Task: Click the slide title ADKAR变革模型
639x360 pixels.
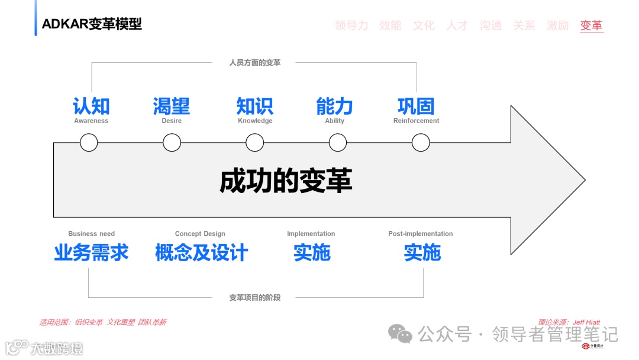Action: click(92, 24)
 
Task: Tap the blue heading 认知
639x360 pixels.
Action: click(91, 106)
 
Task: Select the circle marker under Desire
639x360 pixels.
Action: click(172, 142)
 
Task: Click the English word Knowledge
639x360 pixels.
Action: click(255, 121)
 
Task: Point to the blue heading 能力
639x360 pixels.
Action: click(334, 106)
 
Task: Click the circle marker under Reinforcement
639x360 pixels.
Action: click(421, 142)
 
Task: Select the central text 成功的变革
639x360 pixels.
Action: click(286, 181)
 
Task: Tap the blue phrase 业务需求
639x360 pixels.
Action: click(91, 253)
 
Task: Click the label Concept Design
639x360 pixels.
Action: click(200, 234)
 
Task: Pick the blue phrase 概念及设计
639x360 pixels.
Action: click(201, 253)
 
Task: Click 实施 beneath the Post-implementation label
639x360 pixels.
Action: click(422, 253)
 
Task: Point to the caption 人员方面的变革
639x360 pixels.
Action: click(255, 62)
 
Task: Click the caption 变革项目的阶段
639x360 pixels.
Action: click(255, 297)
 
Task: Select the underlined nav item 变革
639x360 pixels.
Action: click(591, 25)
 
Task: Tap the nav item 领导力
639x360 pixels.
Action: click(351, 25)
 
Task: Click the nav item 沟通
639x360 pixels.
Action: click(490, 25)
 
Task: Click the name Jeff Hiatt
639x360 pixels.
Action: click(586, 322)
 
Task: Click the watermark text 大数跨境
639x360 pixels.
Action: click(57, 348)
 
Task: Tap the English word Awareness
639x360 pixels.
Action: click(91, 121)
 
